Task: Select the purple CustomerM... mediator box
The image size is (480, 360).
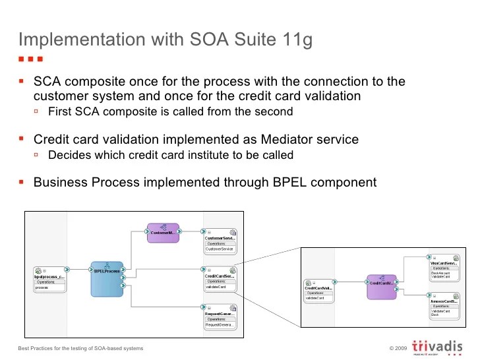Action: tap(162, 232)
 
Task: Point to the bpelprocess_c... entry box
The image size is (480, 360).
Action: tap(49, 281)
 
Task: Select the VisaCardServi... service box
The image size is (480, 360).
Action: tap(443, 270)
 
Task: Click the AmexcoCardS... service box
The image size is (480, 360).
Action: tap(443, 307)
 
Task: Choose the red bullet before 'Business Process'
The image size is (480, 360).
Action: tap(21, 181)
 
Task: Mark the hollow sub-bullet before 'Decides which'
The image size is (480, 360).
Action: tap(38, 155)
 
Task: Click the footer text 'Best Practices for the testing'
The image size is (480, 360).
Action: tap(59, 348)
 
